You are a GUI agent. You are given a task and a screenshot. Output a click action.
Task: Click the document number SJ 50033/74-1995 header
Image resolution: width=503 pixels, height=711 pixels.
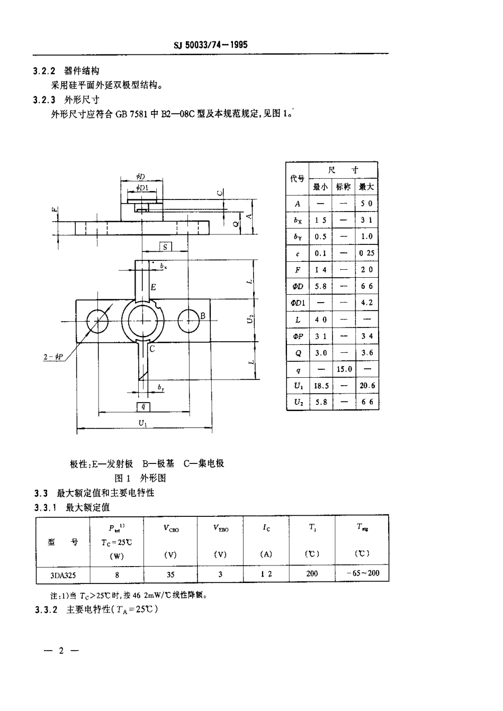point(211,45)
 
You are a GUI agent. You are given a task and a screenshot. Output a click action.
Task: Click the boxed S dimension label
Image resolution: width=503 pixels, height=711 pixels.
point(165,247)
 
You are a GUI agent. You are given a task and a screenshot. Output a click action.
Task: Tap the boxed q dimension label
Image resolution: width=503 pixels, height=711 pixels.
point(143,406)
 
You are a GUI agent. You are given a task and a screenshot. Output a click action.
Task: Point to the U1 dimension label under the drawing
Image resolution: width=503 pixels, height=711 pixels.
point(143,423)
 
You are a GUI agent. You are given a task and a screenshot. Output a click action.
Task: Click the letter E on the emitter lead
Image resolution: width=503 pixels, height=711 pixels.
point(153,287)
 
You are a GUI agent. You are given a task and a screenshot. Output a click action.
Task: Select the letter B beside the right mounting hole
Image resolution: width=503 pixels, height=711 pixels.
point(202,316)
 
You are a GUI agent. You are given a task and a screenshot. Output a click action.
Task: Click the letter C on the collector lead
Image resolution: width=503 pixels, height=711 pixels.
point(152,349)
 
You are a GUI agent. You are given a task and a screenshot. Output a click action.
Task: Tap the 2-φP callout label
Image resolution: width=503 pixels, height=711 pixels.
point(53,357)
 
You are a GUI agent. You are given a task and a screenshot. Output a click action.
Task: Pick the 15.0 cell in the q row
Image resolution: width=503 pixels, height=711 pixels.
point(344,369)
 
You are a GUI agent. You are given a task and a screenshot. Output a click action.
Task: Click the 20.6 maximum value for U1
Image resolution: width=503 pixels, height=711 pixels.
point(367,386)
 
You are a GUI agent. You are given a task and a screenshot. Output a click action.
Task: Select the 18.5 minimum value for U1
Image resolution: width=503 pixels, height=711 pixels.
point(321,386)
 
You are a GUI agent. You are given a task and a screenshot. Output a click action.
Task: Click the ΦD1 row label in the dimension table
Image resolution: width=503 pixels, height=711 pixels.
point(298,303)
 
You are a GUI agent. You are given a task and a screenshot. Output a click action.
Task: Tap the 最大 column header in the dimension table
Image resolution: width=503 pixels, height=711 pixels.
point(366,187)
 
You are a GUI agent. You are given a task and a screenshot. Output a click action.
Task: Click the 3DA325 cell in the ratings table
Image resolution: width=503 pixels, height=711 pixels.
point(62,574)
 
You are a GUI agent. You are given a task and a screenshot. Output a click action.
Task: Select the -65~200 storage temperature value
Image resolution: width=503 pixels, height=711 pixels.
point(363,573)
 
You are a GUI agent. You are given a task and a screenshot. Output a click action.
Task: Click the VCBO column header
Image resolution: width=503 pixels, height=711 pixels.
point(170,528)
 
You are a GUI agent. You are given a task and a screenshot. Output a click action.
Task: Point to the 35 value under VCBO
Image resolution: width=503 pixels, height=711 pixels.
point(170,574)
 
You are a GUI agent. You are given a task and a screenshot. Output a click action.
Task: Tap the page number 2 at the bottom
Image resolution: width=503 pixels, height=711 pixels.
point(61,651)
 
